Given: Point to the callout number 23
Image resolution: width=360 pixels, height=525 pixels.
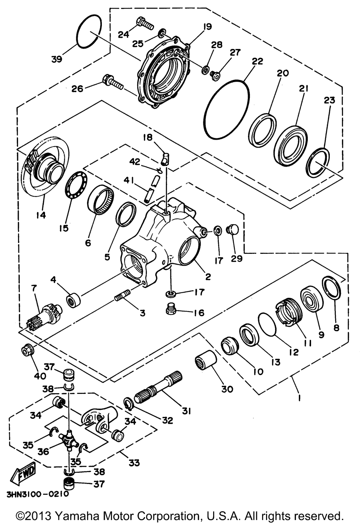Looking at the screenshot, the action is point(330,100).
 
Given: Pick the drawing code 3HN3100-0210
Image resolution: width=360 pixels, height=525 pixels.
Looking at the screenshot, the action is point(38,494).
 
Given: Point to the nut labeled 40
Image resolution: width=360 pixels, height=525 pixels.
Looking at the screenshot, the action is point(28,351).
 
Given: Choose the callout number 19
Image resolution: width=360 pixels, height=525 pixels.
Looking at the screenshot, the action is point(207,27).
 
